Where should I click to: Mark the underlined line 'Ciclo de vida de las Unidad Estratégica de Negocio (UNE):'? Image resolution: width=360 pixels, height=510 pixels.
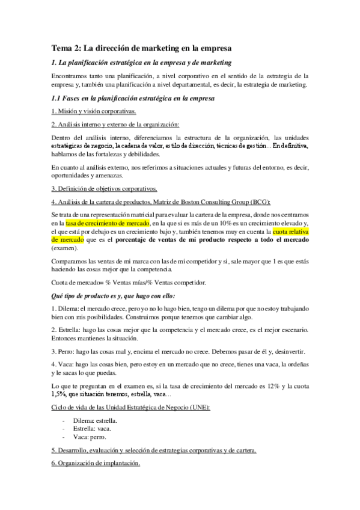(131, 408)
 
